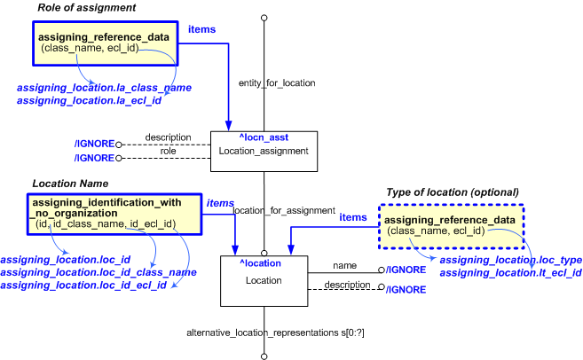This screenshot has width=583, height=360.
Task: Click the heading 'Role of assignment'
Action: point(85,8)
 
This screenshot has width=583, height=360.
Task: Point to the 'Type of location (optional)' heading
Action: point(453,192)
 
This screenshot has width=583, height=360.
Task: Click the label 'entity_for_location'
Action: point(277,82)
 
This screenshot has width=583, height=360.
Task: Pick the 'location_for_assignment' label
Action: point(283,211)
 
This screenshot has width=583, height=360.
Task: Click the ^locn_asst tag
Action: point(264,137)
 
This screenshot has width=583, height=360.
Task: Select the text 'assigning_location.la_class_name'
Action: point(105,88)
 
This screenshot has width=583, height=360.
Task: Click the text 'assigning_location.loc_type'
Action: point(510,260)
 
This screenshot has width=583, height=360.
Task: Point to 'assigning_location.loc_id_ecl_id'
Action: point(84,285)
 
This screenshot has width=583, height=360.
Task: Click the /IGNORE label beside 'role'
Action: point(95,157)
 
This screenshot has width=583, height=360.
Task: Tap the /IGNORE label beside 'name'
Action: point(408,270)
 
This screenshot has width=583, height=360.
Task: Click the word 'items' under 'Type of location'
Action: point(353,217)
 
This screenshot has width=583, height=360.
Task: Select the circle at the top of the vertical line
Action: point(264,17)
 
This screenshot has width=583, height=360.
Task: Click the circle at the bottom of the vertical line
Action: point(264,356)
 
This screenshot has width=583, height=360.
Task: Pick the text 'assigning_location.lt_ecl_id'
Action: point(510,272)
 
